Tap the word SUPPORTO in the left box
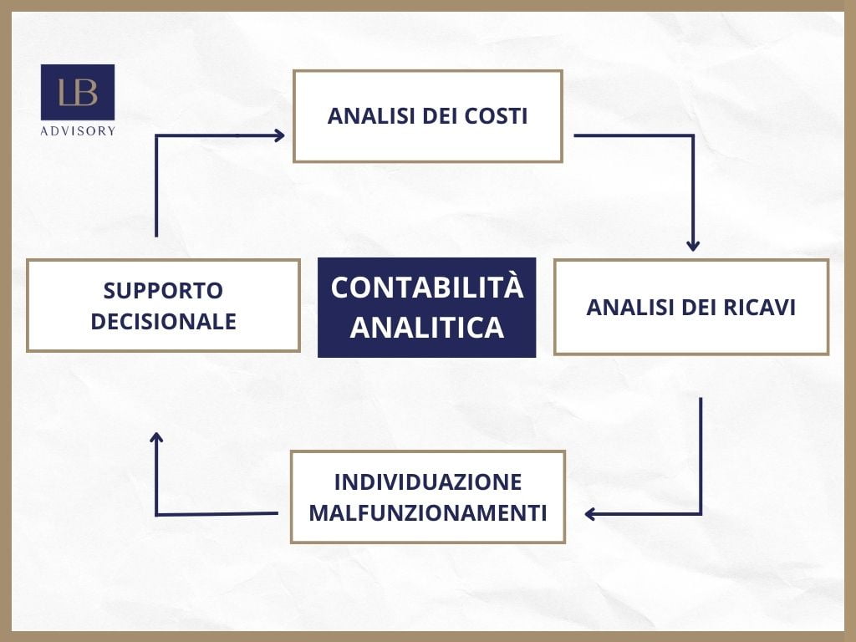[x=163, y=291]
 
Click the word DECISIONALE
[x=163, y=322]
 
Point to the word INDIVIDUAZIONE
[x=427, y=482]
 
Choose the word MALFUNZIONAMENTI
[x=427, y=512]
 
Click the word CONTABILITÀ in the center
[x=426, y=288]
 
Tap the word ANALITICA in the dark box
[x=426, y=327]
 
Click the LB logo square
[x=78, y=92]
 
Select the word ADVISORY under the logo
[x=78, y=130]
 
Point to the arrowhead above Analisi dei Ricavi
[x=693, y=245]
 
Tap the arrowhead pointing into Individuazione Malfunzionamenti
[x=589, y=514]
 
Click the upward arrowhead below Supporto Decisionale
[x=156, y=437]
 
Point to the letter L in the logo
[x=66, y=93]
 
